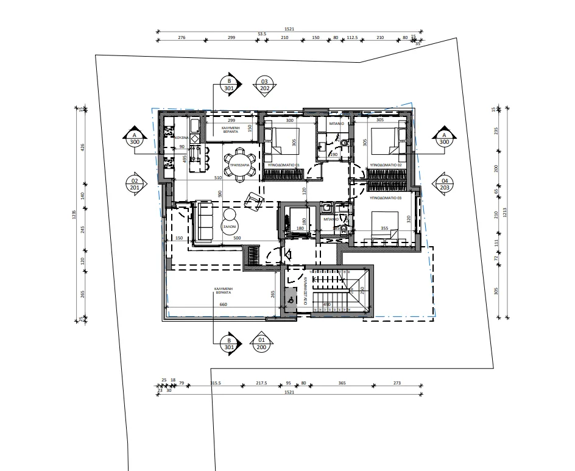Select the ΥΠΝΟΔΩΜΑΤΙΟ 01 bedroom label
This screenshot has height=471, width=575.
[283, 165]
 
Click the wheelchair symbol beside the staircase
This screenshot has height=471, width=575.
[291, 300]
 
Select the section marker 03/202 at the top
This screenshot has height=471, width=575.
[264, 85]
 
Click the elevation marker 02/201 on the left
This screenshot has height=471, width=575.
[135, 184]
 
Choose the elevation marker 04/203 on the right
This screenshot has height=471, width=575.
[444, 184]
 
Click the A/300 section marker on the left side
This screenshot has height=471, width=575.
[135, 138]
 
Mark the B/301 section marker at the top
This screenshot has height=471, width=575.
[230, 85]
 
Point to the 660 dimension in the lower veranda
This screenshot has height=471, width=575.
[223, 304]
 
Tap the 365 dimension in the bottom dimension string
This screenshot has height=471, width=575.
[342, 383]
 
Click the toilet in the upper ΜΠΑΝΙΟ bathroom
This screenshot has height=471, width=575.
[344, 144]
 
